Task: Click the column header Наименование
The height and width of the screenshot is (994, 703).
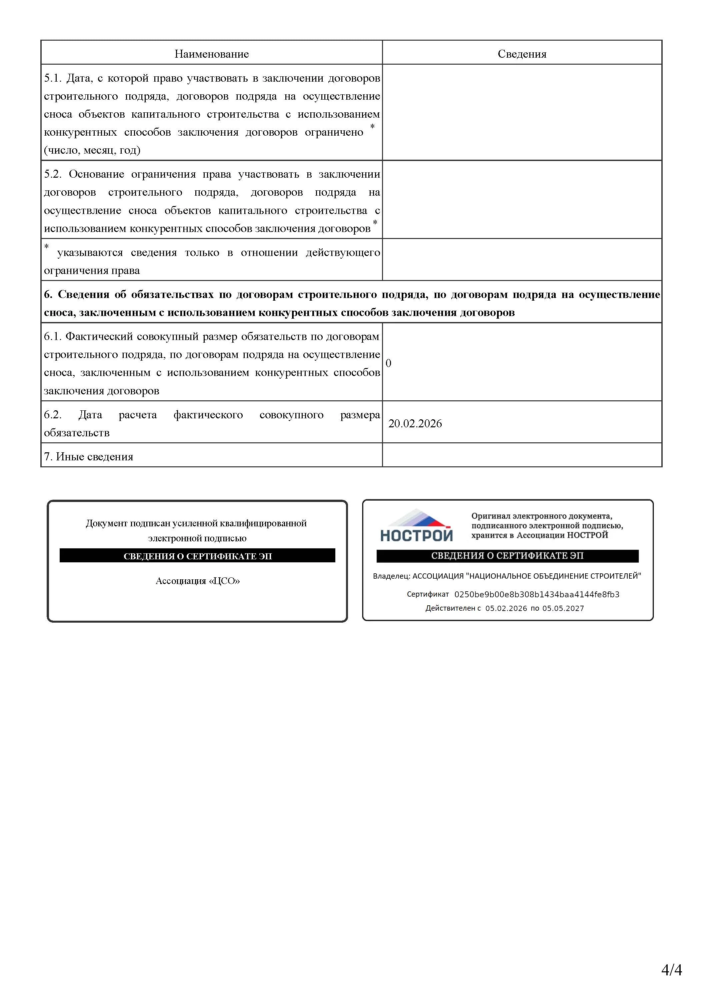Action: (x=211, y=54)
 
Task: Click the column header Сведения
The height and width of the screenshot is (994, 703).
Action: (x=522, y=54)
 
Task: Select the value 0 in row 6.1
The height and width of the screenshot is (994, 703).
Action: (x=388, y=363)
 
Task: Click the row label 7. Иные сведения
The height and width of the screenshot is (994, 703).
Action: (x=88, y=456)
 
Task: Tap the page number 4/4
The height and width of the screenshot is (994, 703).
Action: (x=671, y=970)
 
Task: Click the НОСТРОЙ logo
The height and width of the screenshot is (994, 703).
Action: (x=416, y=526)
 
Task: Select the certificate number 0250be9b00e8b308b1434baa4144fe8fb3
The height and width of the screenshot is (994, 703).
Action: (x=536, y=594)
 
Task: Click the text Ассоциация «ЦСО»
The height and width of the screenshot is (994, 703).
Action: (x=197, y=581)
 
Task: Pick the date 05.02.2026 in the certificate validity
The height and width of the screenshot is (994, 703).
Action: (x=506, y=608)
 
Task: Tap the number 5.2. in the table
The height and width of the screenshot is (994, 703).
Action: (x=53, y=174)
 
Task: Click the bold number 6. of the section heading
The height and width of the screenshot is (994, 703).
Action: (x=48, y=294)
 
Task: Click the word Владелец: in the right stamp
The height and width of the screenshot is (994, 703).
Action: (x=391, y=576)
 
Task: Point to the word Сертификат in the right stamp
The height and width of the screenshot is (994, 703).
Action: (x=427, y=594)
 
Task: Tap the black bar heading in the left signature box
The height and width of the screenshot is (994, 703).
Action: (x=197, y=556)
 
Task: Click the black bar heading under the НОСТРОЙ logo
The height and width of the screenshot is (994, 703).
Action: (x=507, y=556)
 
